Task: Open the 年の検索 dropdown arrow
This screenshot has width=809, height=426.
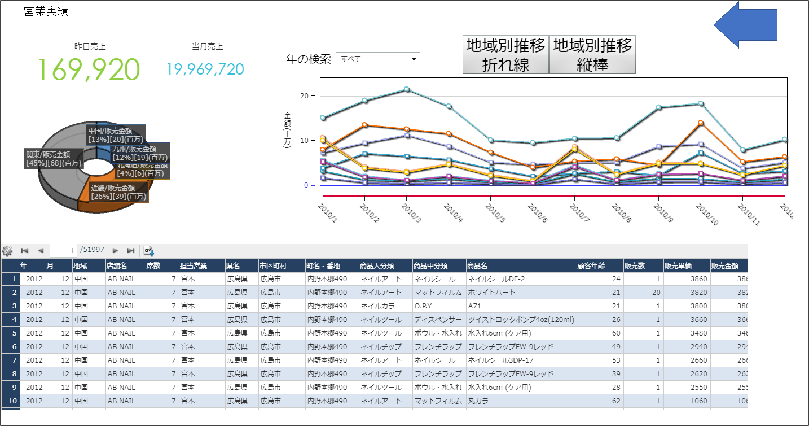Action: point(414,59)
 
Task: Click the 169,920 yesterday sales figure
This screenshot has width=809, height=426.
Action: point(89,69)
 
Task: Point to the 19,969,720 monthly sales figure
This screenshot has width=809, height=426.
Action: point(205,69)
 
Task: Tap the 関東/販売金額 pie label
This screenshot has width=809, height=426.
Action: point(54,158)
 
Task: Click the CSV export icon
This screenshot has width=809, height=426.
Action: point(148,251)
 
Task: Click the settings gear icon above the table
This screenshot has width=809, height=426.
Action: point(7,251)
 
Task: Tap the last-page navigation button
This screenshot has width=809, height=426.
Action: point(131,250)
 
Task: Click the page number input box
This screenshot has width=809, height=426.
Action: point(63,250)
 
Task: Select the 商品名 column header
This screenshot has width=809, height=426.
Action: point(477,266)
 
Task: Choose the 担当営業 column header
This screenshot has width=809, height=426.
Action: point(194,266)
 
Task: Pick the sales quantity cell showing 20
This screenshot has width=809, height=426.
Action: point(656,293)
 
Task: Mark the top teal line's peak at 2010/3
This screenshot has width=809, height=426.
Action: point(406,90)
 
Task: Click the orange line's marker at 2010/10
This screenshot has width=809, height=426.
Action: point(701,123)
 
